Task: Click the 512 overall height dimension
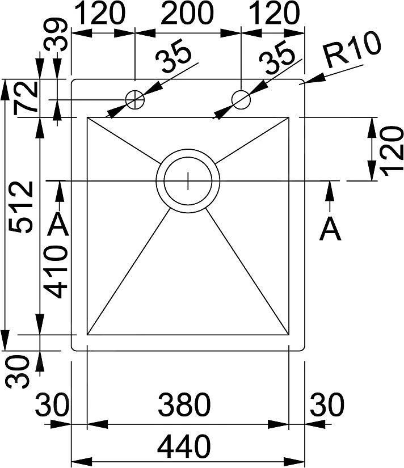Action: pyautogui.click(x=20, y=206)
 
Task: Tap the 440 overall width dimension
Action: pyautogui.click(x=184, y=446)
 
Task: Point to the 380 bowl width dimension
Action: pyautogui.click(x=184, y=404)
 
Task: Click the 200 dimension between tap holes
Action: pyautogui.click(x=187, y=13)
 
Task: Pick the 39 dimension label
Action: pyautogui.click(x=56, y=35)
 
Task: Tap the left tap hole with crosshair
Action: pyautogui.click(x=135, y=99)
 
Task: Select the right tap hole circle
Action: pyautogui.click(x=241, y=99)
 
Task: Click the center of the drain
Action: pyautogui.click(x=188, y=180)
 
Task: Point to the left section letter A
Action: pyautogui.click(x=58, y=225)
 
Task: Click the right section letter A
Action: pyautogui.click(x=330, y=230)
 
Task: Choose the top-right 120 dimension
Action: pyautogui.click(x=273, y=13)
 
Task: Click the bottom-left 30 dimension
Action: pyautogui.click(x=52, y=404)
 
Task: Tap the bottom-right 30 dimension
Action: pyautogui.click(x=327, y=404)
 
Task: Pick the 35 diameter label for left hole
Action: pyautogui.click(x=174, y=58)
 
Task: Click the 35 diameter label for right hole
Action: pyautogui.click(x=277, y=58)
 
